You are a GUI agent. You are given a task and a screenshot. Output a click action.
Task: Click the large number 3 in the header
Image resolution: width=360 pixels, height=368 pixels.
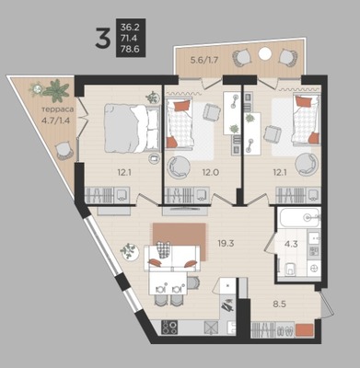[102, 38]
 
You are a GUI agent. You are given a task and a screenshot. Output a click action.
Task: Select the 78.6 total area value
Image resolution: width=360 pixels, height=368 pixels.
[130, 49]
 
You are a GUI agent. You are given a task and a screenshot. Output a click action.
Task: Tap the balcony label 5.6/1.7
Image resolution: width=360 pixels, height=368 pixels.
[204, 60]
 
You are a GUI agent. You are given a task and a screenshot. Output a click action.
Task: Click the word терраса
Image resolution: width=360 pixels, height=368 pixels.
[58, 109]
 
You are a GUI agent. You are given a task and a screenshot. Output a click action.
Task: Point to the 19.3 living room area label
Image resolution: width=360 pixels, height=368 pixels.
[226, 244]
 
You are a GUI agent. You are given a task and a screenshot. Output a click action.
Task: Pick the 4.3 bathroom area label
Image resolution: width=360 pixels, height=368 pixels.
[291, 245]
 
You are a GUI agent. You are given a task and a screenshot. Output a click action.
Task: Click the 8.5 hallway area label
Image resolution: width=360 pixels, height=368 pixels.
[280, 305]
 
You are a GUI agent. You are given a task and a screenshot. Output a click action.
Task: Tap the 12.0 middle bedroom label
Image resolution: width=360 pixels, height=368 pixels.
[210, 172]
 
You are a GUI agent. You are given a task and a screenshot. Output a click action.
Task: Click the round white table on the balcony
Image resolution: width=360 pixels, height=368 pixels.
[264, 53]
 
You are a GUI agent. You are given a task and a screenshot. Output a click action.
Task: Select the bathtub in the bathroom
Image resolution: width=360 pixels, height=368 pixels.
[300, 217]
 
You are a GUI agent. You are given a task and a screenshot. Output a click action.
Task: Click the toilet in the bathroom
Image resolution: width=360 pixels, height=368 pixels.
[289, 270]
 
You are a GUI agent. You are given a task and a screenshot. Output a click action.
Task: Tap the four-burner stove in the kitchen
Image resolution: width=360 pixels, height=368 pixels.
[169, 328]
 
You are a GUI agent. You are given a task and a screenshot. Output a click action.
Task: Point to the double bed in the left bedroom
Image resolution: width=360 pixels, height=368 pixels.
[133, 128]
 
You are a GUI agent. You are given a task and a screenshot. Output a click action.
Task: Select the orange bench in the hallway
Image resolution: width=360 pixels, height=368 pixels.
[305, 330]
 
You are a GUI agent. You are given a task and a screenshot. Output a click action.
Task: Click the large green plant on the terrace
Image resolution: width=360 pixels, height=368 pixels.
[56, 90]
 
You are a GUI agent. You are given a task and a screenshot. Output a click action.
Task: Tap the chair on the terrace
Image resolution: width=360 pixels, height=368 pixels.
[64, 151]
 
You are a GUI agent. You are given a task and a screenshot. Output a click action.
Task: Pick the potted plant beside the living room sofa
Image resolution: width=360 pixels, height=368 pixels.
[129, 251]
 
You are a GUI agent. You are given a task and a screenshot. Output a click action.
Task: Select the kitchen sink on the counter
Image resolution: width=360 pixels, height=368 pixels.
[231, 328]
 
